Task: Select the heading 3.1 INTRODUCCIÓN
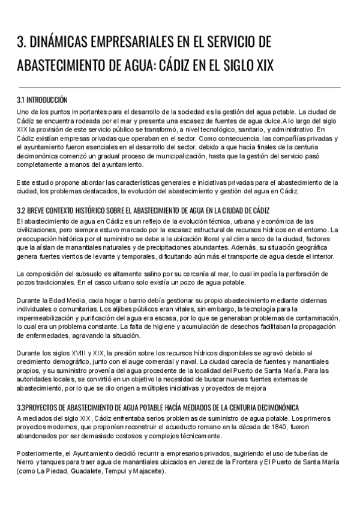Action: click(42, 100)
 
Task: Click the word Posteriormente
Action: click(42, 453)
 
